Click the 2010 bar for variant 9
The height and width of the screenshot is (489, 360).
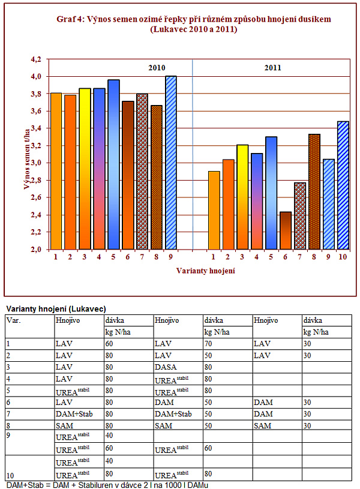point(170,163)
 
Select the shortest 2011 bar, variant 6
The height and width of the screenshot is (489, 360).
point(285,230)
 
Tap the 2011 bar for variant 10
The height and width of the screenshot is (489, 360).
point(343,185)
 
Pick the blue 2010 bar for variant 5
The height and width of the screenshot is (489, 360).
point(113,164)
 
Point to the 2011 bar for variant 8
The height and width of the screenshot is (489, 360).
point(314,191)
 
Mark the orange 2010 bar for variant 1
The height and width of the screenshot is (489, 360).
point(56,171)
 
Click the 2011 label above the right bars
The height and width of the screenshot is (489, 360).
point(273,68)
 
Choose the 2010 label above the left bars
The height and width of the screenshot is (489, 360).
point(157,68)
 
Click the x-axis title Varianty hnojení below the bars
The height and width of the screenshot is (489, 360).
point(205,271)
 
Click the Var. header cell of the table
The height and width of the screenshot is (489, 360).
point(12,320)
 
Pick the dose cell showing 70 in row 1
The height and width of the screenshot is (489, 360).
point(209,344)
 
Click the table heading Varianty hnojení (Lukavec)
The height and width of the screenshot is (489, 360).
point(56,308)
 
